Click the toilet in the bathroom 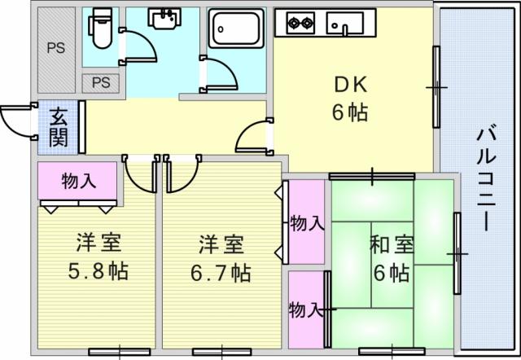[x=100, y=28]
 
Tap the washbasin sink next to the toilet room [x=165, y=19]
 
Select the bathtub [x=236, y=29]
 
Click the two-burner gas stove [x=300, y=24]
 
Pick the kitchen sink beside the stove [x=344, y=24]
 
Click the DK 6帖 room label [x=350, y=99]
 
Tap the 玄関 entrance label [x=59, y=127]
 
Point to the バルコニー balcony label [x=486, y=178]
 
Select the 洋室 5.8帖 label [x=99, y=257]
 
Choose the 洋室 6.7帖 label [x=221, y=258]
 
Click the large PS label [x=56, y=48]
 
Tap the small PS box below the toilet [x=101, y=83]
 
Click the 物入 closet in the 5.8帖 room [x=78, y=181]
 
